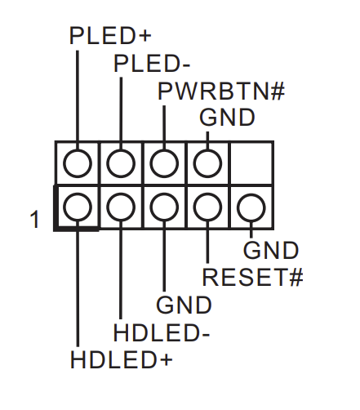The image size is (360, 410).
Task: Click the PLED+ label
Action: pyautogui.click(x=112, y=37)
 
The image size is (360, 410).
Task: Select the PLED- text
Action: pyautogui.click(x=153, y=64)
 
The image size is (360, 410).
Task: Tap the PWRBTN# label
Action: pyautogui.click(x=220, y=91)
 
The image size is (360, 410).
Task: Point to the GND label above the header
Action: pyautogui.click(x=227, y=117)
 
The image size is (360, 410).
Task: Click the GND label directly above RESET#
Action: pyautogui.click(x=271, y=251)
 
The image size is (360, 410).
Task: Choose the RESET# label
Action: pyautogui.click(x=252, y=278)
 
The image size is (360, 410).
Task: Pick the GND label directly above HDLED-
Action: pyautogui.click(x=184, y=305)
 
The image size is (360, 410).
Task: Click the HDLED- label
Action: pyautogui.click(x=162, y=333)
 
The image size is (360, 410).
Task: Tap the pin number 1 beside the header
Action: pyautogui.click(x=34, y=220)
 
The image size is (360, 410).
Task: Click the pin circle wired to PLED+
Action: pyautogui.click(x=77, y=163)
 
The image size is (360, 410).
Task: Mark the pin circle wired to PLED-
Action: pyautogui.click(x=120, y=163)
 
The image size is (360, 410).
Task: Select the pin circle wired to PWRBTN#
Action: pyautogui.click(x=163, y=163)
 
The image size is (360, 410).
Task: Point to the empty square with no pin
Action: pyautogui.click(x=251, y=163)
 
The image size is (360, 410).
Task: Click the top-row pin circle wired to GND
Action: pyautogui.click(x=207, y=163)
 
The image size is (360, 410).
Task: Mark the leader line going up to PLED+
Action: pyautogui.click(x=77, y=98)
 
